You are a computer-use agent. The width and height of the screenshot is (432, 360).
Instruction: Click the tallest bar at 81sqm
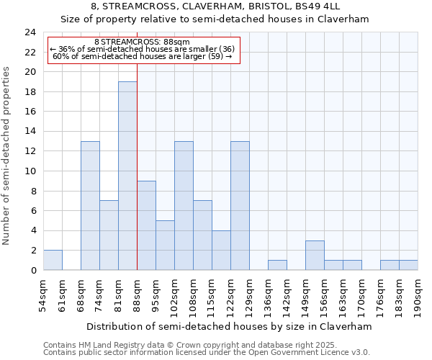click(127, 176)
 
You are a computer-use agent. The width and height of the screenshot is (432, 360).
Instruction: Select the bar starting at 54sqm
click(53, 260)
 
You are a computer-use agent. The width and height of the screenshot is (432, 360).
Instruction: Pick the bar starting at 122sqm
click(240, 205)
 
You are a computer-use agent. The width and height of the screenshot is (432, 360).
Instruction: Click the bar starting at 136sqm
click(277, 265)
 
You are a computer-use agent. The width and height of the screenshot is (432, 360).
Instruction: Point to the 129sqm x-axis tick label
click(250, 294)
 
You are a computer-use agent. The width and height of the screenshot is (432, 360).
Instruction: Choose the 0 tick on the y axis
click(33, 270)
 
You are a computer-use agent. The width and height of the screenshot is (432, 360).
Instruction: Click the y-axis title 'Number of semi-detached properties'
click(7, 156)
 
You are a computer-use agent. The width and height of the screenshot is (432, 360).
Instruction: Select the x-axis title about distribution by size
click(231, 326)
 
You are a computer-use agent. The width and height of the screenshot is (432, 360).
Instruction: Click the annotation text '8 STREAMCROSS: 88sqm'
click(142, 42)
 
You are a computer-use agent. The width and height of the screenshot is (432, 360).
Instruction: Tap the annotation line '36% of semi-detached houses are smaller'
click(142, 49)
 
